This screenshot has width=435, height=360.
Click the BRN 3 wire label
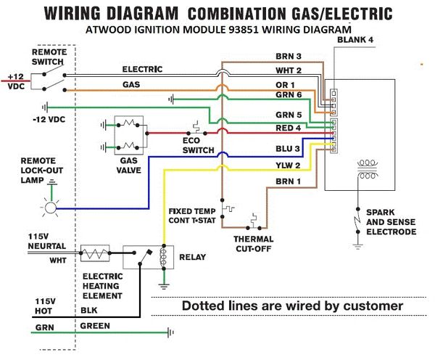(x=288, y=57)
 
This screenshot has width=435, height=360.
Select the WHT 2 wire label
(x=288, y=70)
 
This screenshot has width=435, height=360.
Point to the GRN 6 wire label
(x=288, y=96)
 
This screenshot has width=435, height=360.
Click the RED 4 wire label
(x=288, y=128)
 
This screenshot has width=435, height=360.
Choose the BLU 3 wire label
(x=288, y=150)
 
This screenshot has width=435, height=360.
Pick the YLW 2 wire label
(x=288, y=166)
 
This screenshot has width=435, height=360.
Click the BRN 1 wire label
(x=288, y=181)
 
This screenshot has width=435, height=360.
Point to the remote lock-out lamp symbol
(x=50, y=208)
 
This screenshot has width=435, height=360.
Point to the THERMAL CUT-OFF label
(x=254, y=242)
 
